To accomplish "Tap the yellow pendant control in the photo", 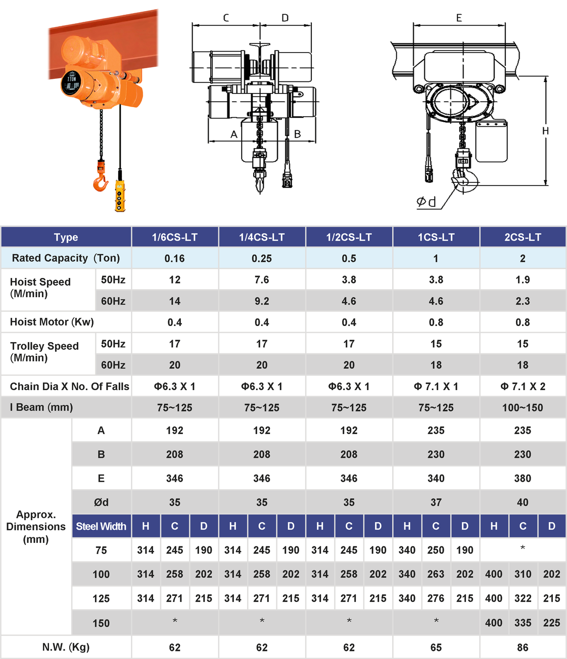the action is point(120,196).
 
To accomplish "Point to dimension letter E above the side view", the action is point(459,18).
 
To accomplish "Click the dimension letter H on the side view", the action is point(545,131).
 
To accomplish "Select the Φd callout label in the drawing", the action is point(426,202).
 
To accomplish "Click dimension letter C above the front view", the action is point(226,18).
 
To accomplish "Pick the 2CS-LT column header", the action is point(523,237).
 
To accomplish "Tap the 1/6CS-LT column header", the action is point(175,237).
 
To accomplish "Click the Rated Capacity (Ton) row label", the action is point(66,258).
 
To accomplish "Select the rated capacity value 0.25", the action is point(262,258).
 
